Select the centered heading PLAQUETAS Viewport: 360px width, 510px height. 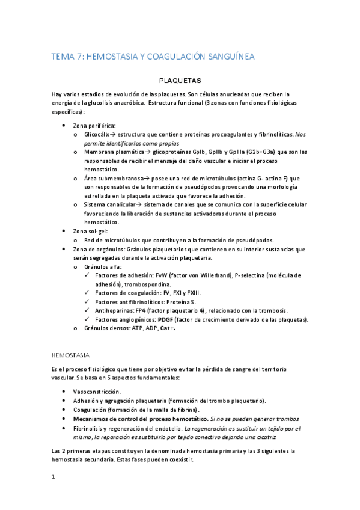[180, 80]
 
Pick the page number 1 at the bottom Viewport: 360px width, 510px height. [54, 477]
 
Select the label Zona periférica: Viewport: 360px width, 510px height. [94, 126]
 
